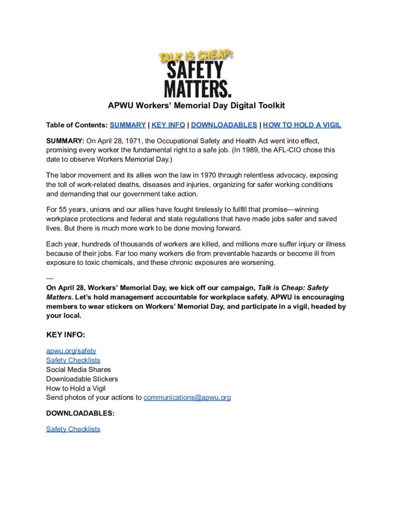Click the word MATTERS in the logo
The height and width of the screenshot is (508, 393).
point(197,88)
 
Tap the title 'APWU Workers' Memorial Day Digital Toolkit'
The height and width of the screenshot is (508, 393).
point(196,106)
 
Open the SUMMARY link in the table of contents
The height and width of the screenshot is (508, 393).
point(128,125)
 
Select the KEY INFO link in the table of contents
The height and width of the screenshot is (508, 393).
point(168,125)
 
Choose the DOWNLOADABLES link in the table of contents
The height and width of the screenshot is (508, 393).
point(224,125)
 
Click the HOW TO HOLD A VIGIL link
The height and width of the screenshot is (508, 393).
point(302,125)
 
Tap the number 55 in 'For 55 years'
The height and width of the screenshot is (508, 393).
point(63,210)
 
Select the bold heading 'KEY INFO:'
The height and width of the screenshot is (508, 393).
point(66,335)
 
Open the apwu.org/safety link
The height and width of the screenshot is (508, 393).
point(68,351)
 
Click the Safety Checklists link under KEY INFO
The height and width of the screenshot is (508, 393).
point(73,360)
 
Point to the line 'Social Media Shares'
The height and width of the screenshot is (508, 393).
point(79,370)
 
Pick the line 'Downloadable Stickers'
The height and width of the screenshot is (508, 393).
point(82,379)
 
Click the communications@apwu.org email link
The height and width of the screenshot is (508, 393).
point(187,397)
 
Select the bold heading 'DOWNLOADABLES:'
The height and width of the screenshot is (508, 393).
point(80,413)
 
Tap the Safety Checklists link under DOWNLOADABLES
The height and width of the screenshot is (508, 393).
point(73,429)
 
